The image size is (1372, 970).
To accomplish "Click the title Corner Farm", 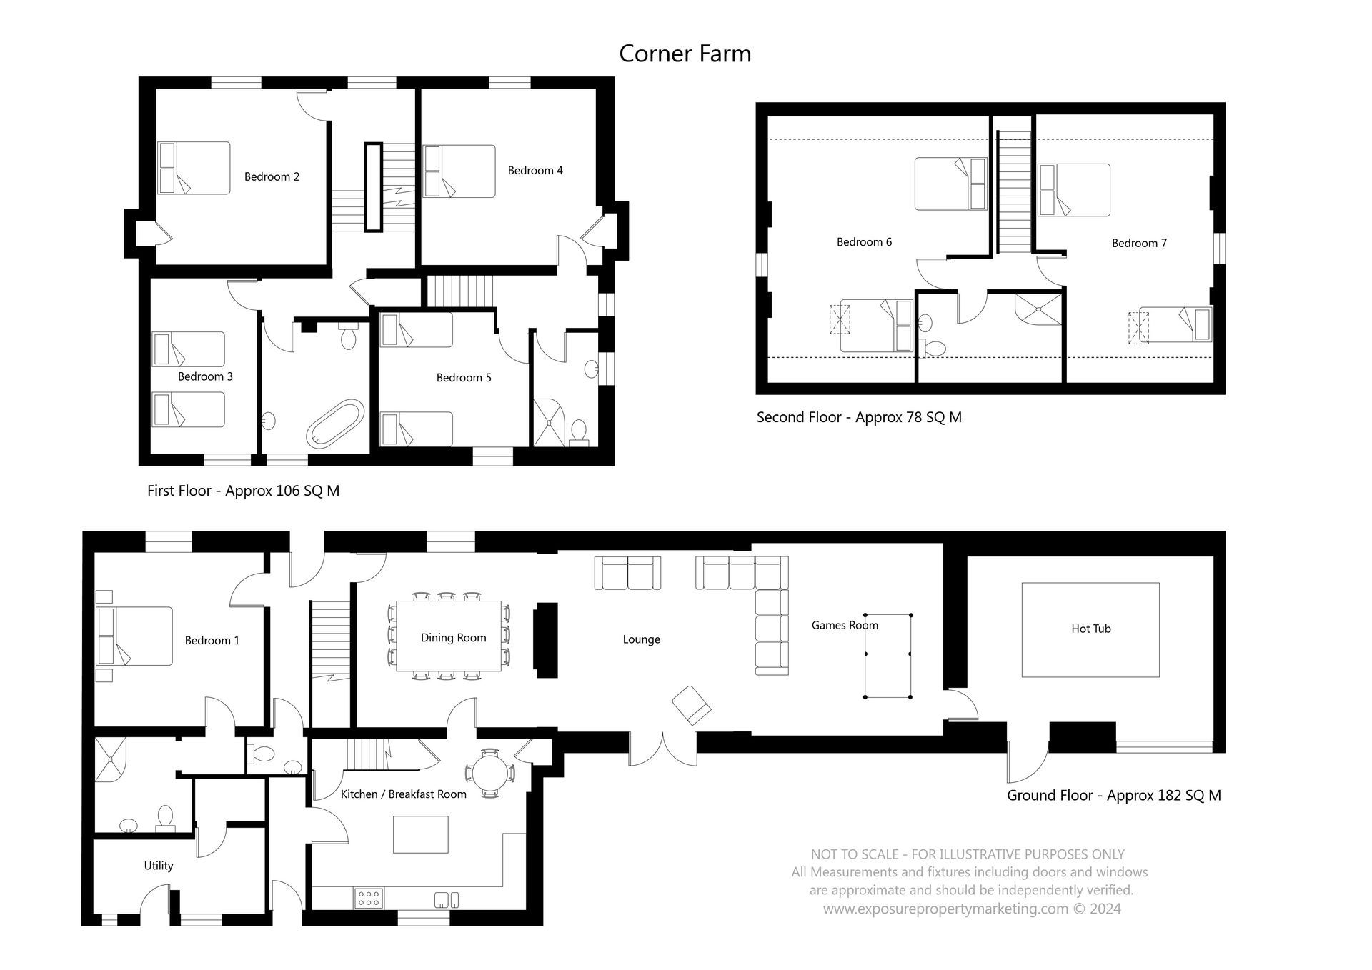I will (685, 54).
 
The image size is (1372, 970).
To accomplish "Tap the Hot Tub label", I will (1090, 629).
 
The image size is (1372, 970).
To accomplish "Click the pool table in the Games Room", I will (888, 655).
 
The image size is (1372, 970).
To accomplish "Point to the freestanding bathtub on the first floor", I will (334, 424).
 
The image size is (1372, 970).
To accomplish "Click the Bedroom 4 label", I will (535, 170).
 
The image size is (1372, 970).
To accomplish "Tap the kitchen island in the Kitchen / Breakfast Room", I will (421, 834).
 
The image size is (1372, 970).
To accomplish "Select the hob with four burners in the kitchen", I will (368, 897).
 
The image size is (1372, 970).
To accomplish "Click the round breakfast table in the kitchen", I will (489, 772).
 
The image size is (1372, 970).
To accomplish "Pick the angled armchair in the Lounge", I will (691, 705).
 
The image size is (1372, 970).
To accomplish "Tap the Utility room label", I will (158, 865).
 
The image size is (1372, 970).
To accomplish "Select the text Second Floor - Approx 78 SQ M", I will (858, 417).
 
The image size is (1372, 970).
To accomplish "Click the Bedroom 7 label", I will (1138, 243).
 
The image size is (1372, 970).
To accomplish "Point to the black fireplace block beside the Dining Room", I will (546, 640).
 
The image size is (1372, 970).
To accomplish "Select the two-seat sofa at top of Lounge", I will (627, 574).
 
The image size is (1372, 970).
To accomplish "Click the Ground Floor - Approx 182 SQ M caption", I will (1113, 795).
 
